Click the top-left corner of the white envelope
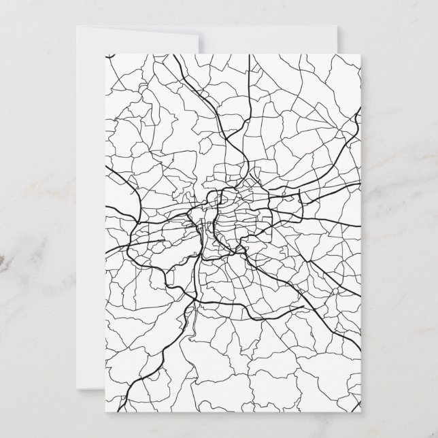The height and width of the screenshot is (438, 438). click(77, 28)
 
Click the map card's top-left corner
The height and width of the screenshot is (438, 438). click(106, 53)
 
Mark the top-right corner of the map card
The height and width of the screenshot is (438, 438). click(360, 53)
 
